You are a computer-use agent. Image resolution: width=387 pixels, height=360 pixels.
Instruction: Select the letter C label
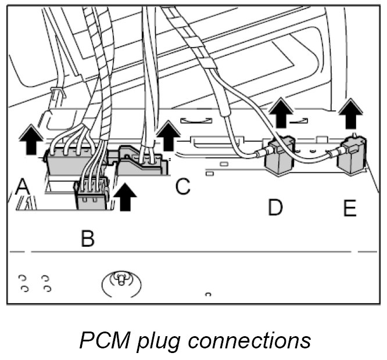pyautogui.click(x=183, y=186)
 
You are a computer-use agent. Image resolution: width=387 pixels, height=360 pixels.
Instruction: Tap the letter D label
pyautogui.click(x=275, y=207)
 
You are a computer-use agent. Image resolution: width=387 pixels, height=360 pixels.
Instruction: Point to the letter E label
pyautogui.click(x=349, y=208)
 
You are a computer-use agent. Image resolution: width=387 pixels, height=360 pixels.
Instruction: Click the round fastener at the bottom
pyautogui.click(x=121, y=281)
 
